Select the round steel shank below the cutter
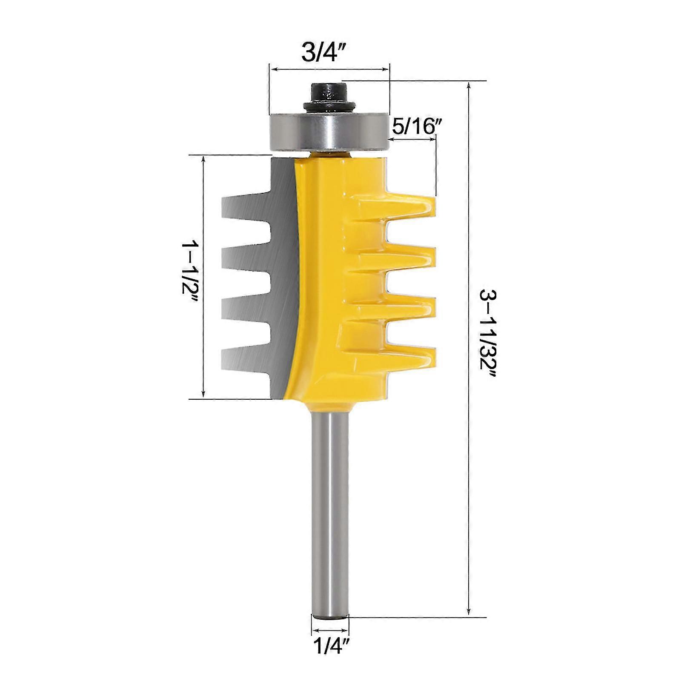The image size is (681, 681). [330, 511]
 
